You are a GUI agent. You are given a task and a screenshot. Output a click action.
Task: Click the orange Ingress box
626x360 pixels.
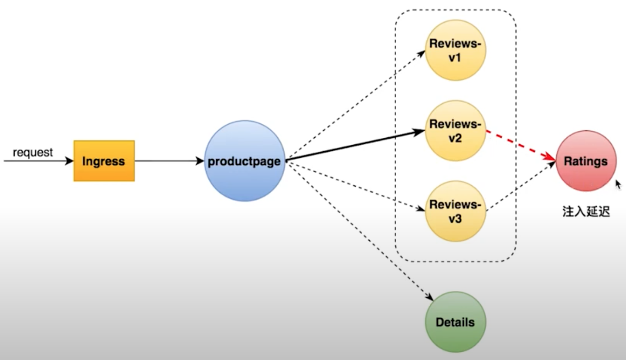[104, 161]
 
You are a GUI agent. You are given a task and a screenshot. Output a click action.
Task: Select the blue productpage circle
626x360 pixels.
[244, 161]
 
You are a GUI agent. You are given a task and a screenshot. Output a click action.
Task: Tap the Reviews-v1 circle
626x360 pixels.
[455, 50]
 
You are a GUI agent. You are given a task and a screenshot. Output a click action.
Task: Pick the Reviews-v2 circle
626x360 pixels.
[455, 131]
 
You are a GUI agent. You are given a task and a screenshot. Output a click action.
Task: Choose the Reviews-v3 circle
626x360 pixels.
[455, 211]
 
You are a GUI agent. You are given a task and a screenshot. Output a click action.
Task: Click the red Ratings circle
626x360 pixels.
[586, 161]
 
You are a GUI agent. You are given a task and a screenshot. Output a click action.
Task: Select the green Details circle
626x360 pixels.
[455, 322]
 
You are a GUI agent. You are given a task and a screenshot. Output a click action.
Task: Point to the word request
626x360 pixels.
[33, 152]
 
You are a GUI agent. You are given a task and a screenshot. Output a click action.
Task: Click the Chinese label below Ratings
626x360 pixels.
[586, 212]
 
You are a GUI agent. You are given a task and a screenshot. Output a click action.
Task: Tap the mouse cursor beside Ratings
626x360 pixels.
[618, 185]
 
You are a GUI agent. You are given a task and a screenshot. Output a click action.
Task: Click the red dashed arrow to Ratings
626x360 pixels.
[519, 144]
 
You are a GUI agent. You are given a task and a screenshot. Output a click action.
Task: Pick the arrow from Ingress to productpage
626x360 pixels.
[168, 161]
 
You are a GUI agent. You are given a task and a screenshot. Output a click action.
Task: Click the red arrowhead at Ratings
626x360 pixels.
[550, 157]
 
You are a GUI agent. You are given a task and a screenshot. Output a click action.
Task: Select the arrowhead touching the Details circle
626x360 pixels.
[429, 296]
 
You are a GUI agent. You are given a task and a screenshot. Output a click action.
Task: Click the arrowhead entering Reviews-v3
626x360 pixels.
[420, 209]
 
